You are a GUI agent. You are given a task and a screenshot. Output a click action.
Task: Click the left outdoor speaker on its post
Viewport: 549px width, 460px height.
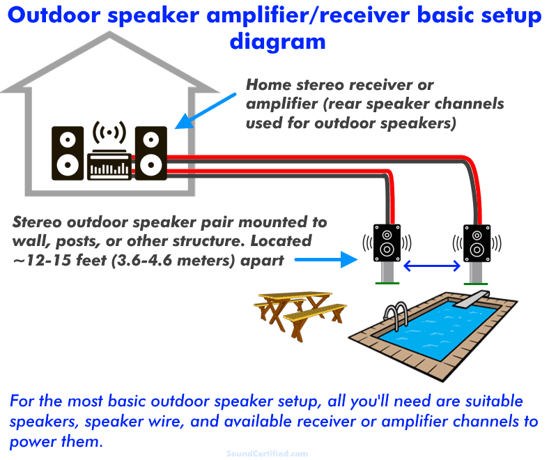(x=387, y=242)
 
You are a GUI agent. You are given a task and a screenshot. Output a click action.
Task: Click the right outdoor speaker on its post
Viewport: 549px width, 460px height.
(x=477, y=242)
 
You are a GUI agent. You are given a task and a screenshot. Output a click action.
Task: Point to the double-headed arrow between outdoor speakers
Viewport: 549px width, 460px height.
(x=433, y=265)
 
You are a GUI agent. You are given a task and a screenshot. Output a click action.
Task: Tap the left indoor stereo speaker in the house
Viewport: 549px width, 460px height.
(x=68, y=152)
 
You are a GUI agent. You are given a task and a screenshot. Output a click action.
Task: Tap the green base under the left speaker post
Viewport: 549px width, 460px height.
(x=387, y=282)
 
